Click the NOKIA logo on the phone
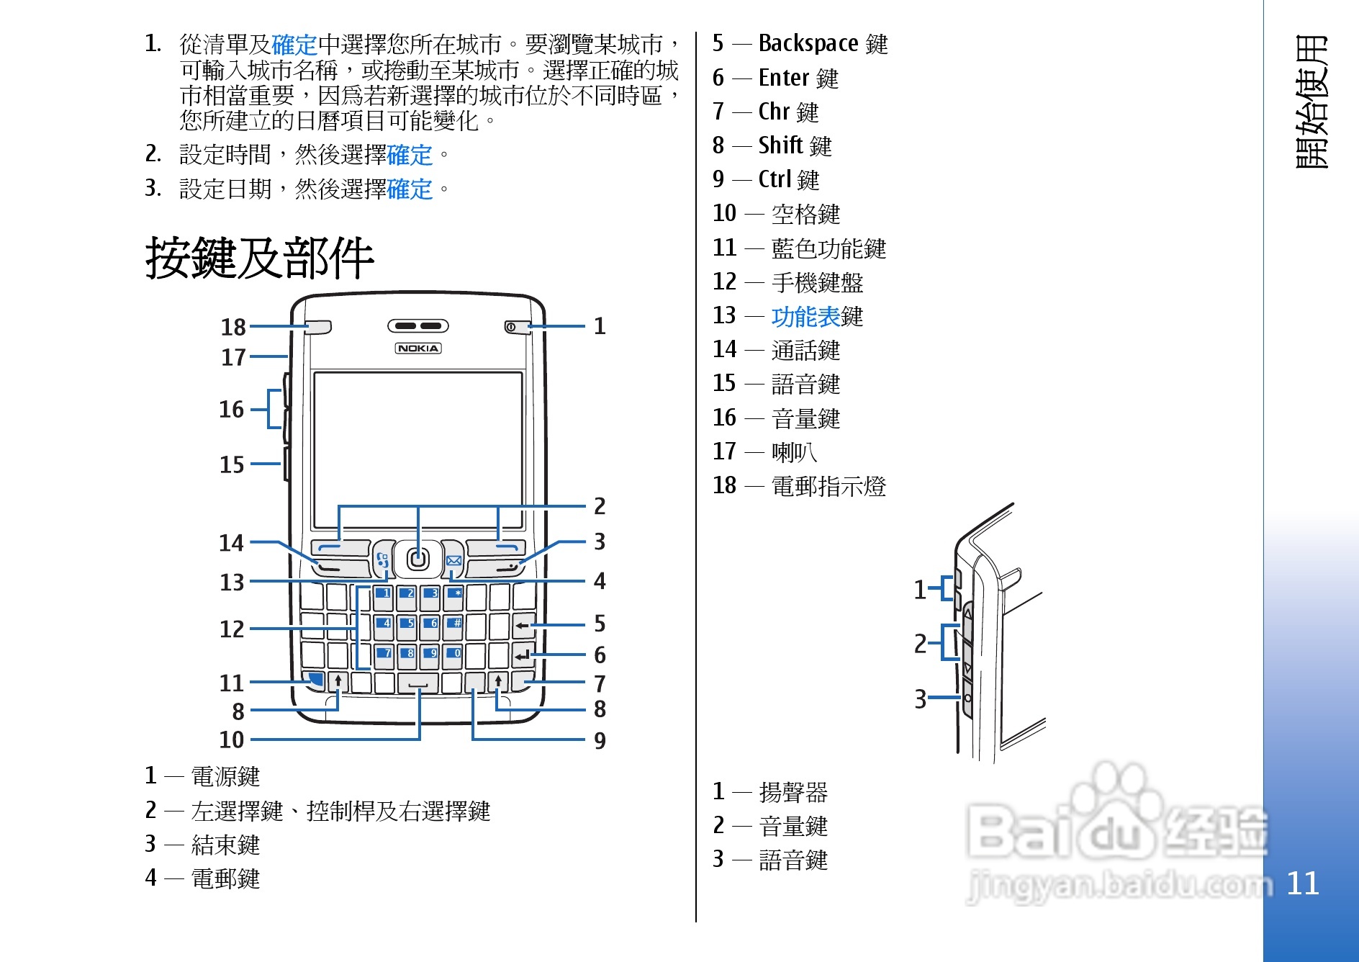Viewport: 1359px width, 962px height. point(418,349)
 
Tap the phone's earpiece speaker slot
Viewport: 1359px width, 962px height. point(418,326)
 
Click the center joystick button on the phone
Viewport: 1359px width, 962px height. point(418,559)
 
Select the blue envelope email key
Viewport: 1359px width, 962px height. point(453,561)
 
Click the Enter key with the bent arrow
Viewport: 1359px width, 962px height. point(523,655)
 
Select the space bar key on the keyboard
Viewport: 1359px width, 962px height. point(418,683)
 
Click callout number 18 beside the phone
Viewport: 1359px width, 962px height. point(233,327)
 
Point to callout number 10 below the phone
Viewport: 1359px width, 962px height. point(232,740)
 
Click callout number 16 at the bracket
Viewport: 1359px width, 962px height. point(232,409)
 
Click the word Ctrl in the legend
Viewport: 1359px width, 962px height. point(775,179)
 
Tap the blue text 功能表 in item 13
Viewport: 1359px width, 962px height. point(805,316)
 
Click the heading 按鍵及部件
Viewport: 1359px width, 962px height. point(259,258)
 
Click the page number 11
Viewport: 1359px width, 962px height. point(1302,884)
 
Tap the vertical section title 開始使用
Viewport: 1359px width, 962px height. point(1311,102)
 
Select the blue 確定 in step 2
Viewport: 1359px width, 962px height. point(410,155)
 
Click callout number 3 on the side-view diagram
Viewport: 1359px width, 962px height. point(920,698)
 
